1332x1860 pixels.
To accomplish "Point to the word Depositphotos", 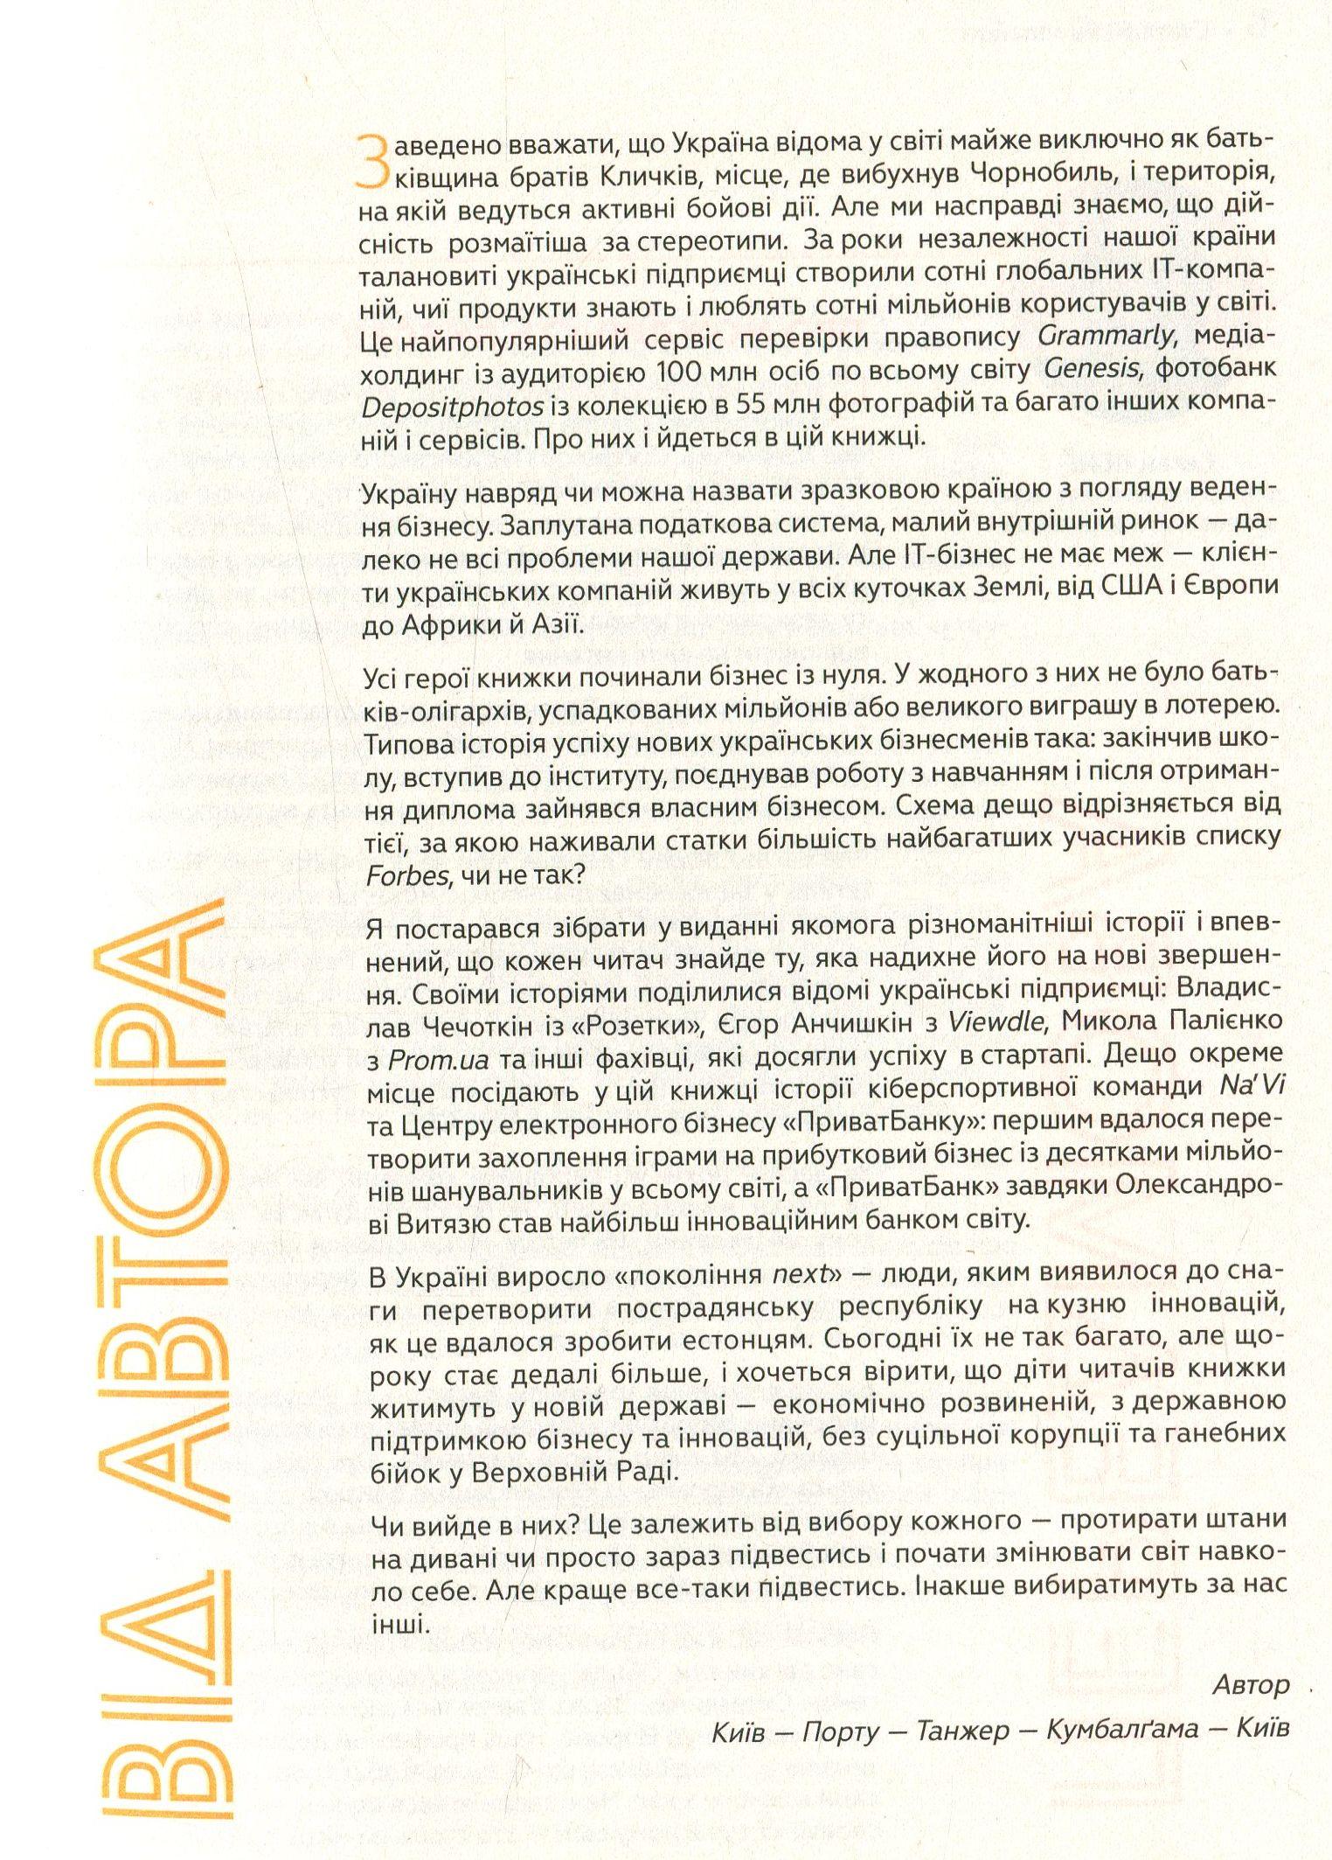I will pyautogui.click(x=453, y=405).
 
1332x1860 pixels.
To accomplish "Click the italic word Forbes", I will pyautogui.click(x=407, y=875).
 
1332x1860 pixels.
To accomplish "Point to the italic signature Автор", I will pyautogui.click(x=1251, y=1685).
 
